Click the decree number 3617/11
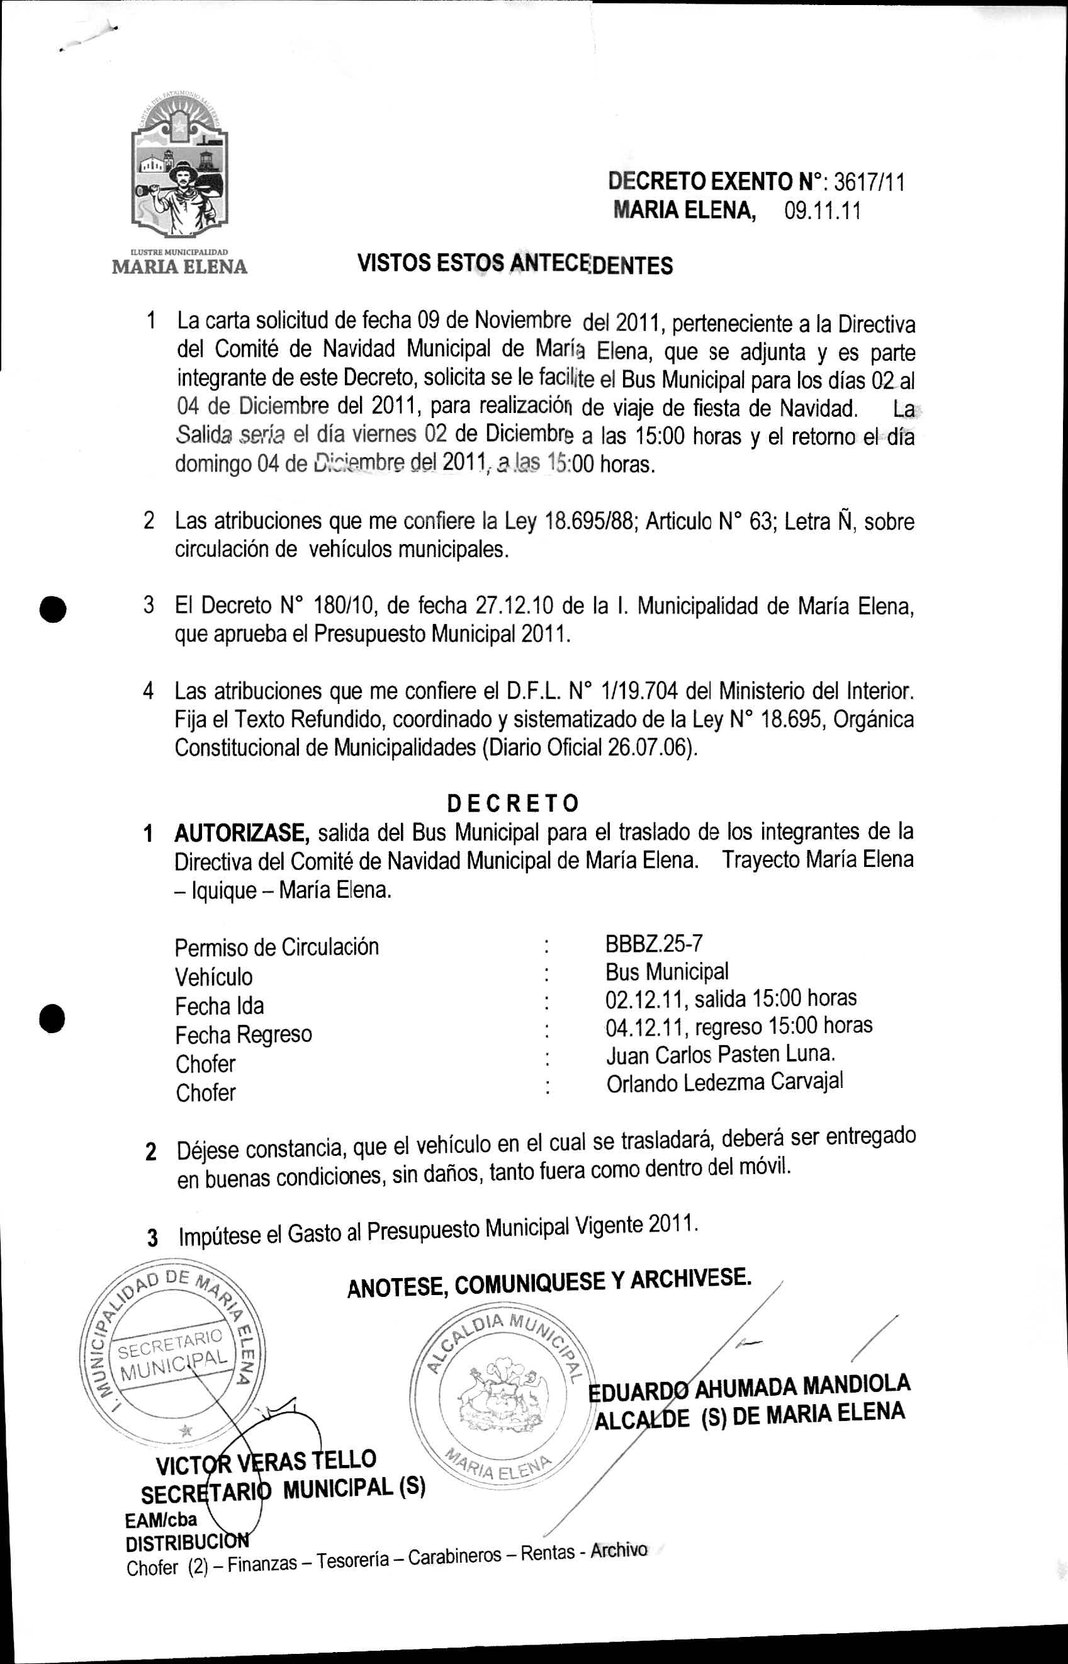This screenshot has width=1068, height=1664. coord(869,182)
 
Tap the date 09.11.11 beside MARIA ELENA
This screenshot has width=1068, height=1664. coord(823,211)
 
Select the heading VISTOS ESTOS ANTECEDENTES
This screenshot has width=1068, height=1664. coord(515,264)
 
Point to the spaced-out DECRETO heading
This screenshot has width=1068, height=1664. coord(512,803)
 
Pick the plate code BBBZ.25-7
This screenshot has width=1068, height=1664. coord(654,943)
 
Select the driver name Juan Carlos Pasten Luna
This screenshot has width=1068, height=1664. coord(721,1055)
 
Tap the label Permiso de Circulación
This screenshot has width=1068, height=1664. coord(277,948)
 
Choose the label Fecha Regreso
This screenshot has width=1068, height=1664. coord(244,1035)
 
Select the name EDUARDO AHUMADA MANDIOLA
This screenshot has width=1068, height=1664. coord(749,1386)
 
